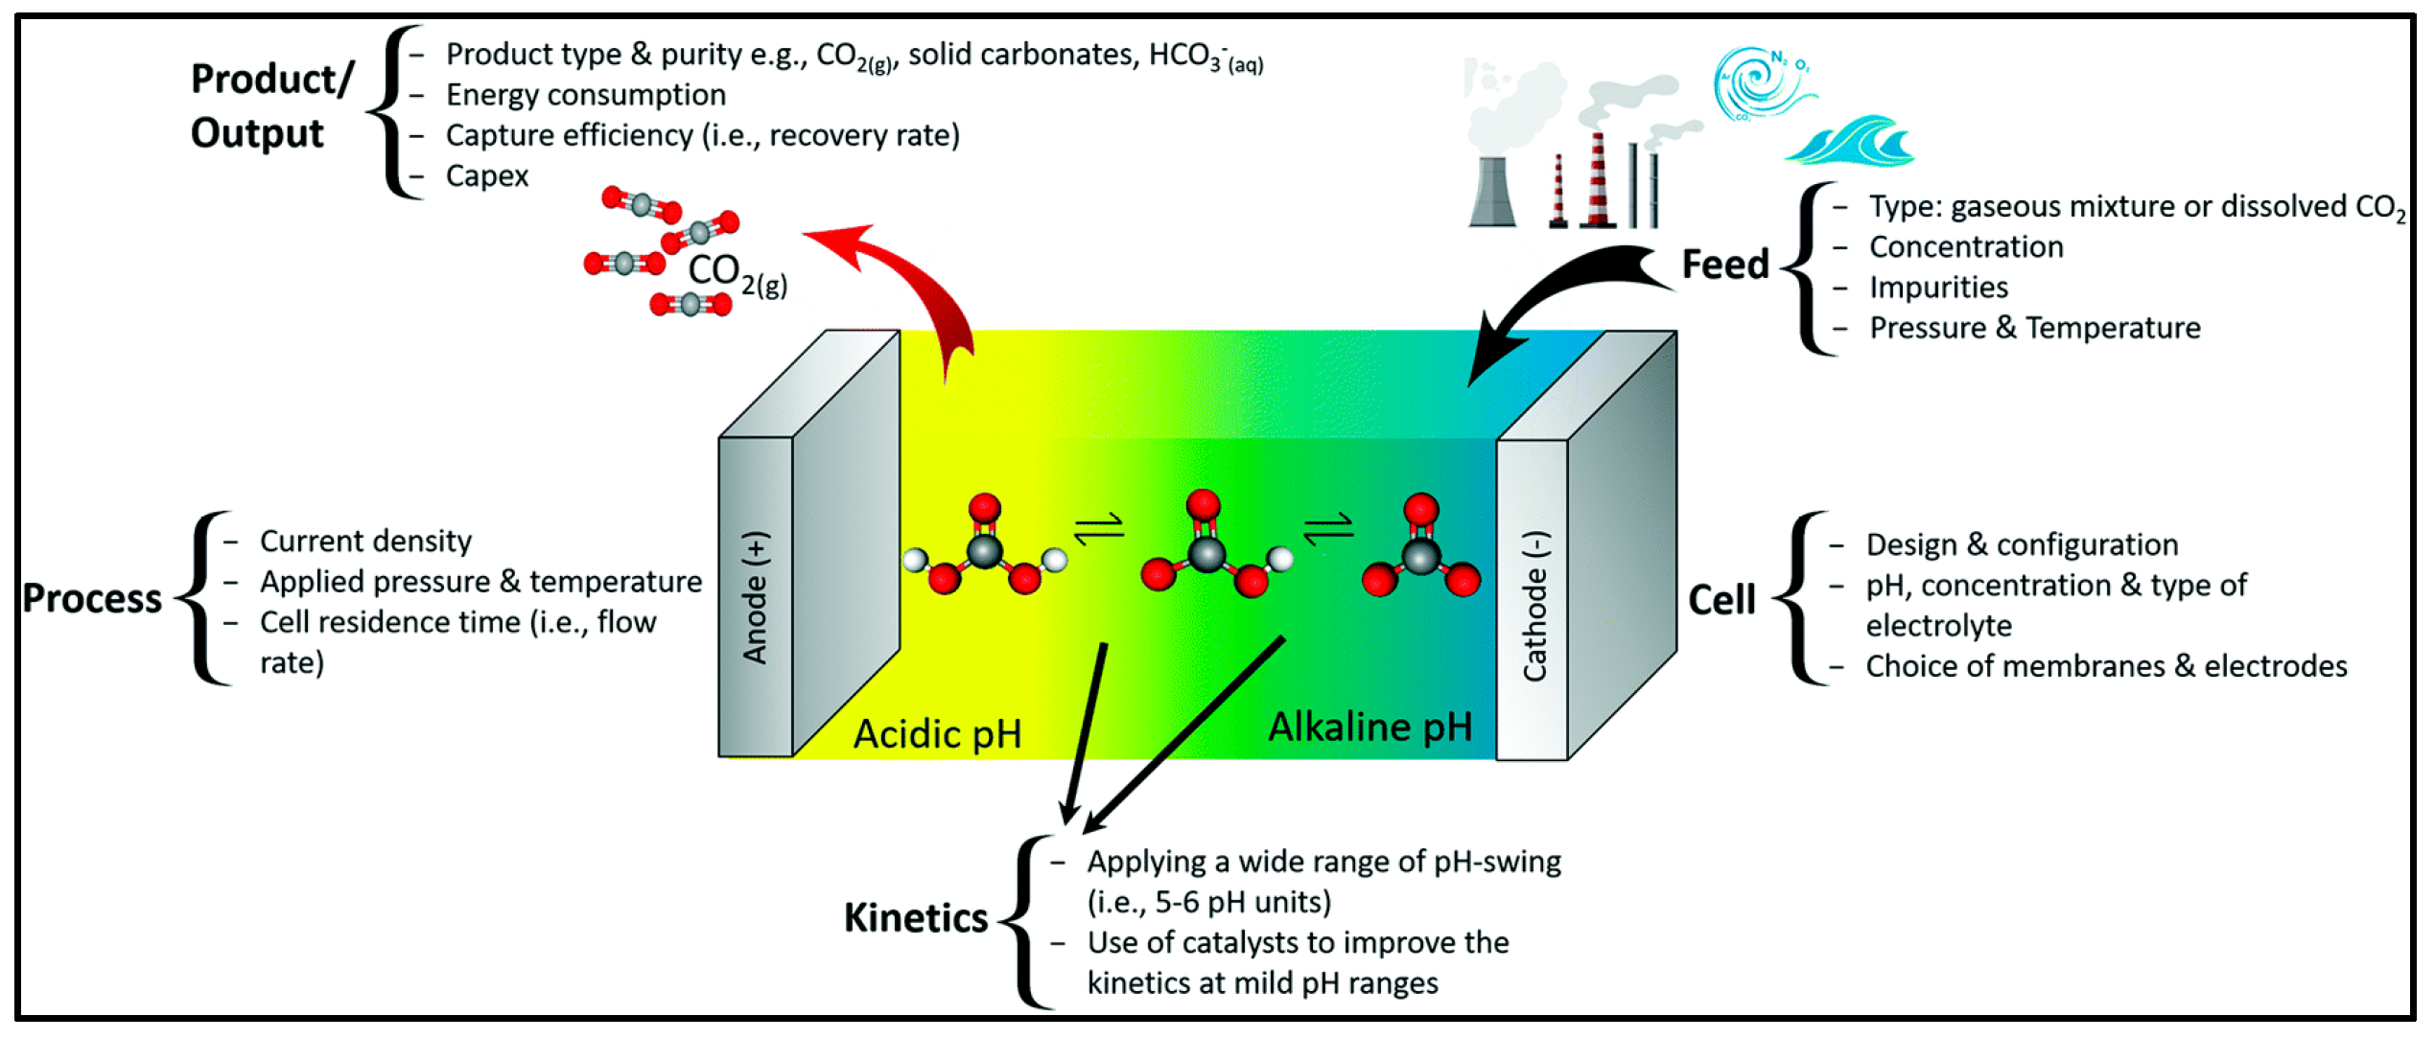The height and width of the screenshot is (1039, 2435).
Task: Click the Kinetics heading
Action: [915, 918]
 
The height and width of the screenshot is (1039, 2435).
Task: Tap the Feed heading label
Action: [1724, 265]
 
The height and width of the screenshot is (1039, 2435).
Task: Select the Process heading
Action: [92, 599]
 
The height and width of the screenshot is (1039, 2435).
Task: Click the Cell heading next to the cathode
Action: [1721, 601]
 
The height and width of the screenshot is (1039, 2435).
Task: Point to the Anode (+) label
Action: [756, 598]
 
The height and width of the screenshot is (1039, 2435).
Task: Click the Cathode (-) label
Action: [1534, 607]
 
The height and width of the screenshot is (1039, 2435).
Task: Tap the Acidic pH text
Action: [937, 734]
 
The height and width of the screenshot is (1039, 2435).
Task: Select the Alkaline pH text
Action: [1370, 727]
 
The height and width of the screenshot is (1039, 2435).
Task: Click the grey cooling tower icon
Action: [1492, 192]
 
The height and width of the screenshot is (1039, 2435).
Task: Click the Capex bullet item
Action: [486, 176]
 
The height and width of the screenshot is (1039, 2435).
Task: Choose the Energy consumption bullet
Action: [585, 95]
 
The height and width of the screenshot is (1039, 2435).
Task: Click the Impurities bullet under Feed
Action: [1937, 288]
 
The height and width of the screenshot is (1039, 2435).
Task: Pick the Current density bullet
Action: [365, 542]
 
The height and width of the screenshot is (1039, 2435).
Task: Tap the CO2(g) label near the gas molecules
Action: [737, 273]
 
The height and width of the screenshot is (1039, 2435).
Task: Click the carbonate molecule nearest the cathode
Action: [1420, 548]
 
